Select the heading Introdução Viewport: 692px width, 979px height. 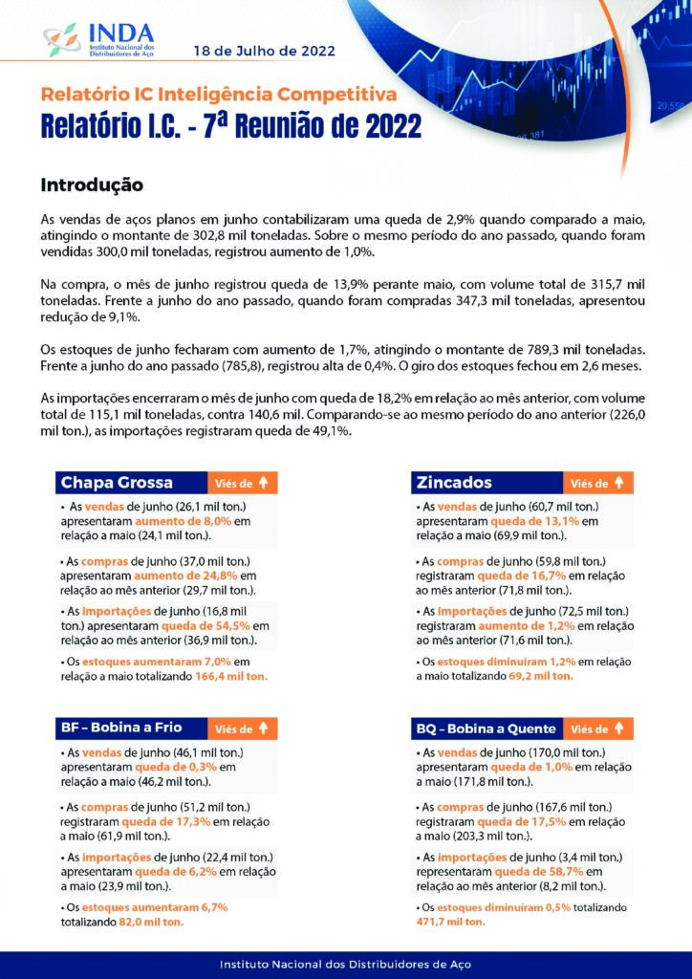[92, 184]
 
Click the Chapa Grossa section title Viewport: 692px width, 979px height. [117, 483]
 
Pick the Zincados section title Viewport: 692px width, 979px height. [454, 483]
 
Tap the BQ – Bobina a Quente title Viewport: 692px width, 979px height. [485, 729]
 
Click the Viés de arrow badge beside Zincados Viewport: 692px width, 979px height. [597, 483]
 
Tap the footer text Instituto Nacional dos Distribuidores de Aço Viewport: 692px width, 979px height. [346, 964]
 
